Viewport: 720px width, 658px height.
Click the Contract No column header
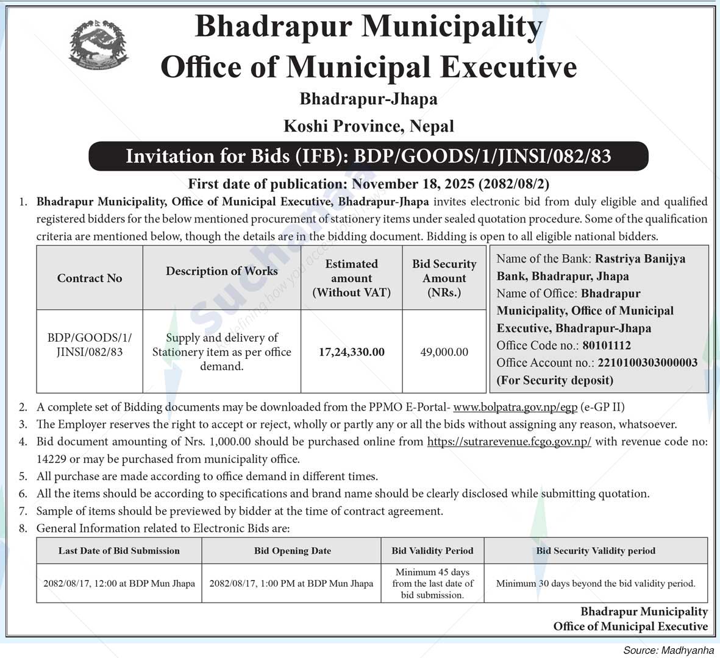click(x=90, y=278)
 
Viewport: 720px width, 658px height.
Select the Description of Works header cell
click(x=221, y=271)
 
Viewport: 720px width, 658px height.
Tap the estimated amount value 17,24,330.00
click(x=351, y=352)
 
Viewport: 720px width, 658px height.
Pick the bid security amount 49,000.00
click(x=444, y=352)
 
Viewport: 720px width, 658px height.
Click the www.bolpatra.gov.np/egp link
click(x=515, y=407)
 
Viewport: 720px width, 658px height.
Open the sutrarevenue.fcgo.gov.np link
click(x=509, y=442)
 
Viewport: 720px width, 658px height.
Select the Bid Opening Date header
click(x=293, y=551)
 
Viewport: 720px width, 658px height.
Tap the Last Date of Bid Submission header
click(x=119, y=551)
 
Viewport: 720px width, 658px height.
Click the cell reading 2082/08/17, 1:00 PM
click(x=291, y=583)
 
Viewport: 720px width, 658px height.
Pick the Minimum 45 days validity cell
click(x=432, y=583)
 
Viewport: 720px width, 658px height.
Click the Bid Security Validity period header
click(x=596, y=551)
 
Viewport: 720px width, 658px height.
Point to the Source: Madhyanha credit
click(x=668, y=650)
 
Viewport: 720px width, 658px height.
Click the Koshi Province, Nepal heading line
click(x=369, y=126)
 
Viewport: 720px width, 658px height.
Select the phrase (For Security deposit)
click(x=555, y=380)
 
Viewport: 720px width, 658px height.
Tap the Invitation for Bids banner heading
click(x=368, y=157)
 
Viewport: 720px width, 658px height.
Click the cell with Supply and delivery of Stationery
click(x=221, y=352)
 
